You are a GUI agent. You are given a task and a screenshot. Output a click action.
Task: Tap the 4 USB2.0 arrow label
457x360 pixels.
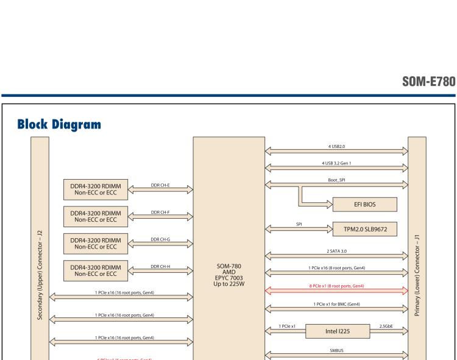[x=337, y=146]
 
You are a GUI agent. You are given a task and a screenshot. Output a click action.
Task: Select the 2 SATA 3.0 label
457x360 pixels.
[x=337, y=250]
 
